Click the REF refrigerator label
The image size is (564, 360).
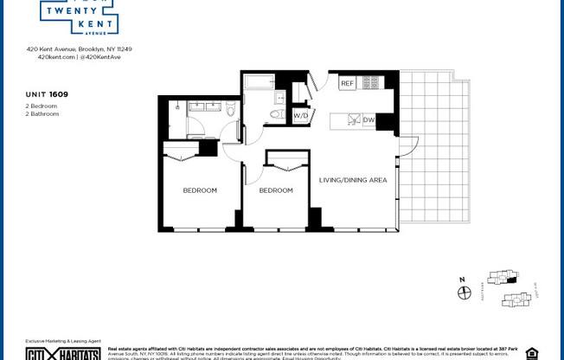point(347,84)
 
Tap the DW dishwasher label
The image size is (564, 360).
point(369,120)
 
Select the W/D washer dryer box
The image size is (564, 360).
point(300,115)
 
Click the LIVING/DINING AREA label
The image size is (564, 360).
point(353,180)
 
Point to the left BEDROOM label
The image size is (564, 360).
point(200,190)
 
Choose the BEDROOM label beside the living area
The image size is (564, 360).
point(276,190)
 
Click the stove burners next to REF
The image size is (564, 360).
point(370,83)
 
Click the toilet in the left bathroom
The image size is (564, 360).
point(231,109)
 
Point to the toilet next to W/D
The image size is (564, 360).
point(277,113)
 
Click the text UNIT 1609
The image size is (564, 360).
point(48,93)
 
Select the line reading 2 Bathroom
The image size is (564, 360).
point(42,113)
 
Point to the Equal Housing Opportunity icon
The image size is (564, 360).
point(531,353)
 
